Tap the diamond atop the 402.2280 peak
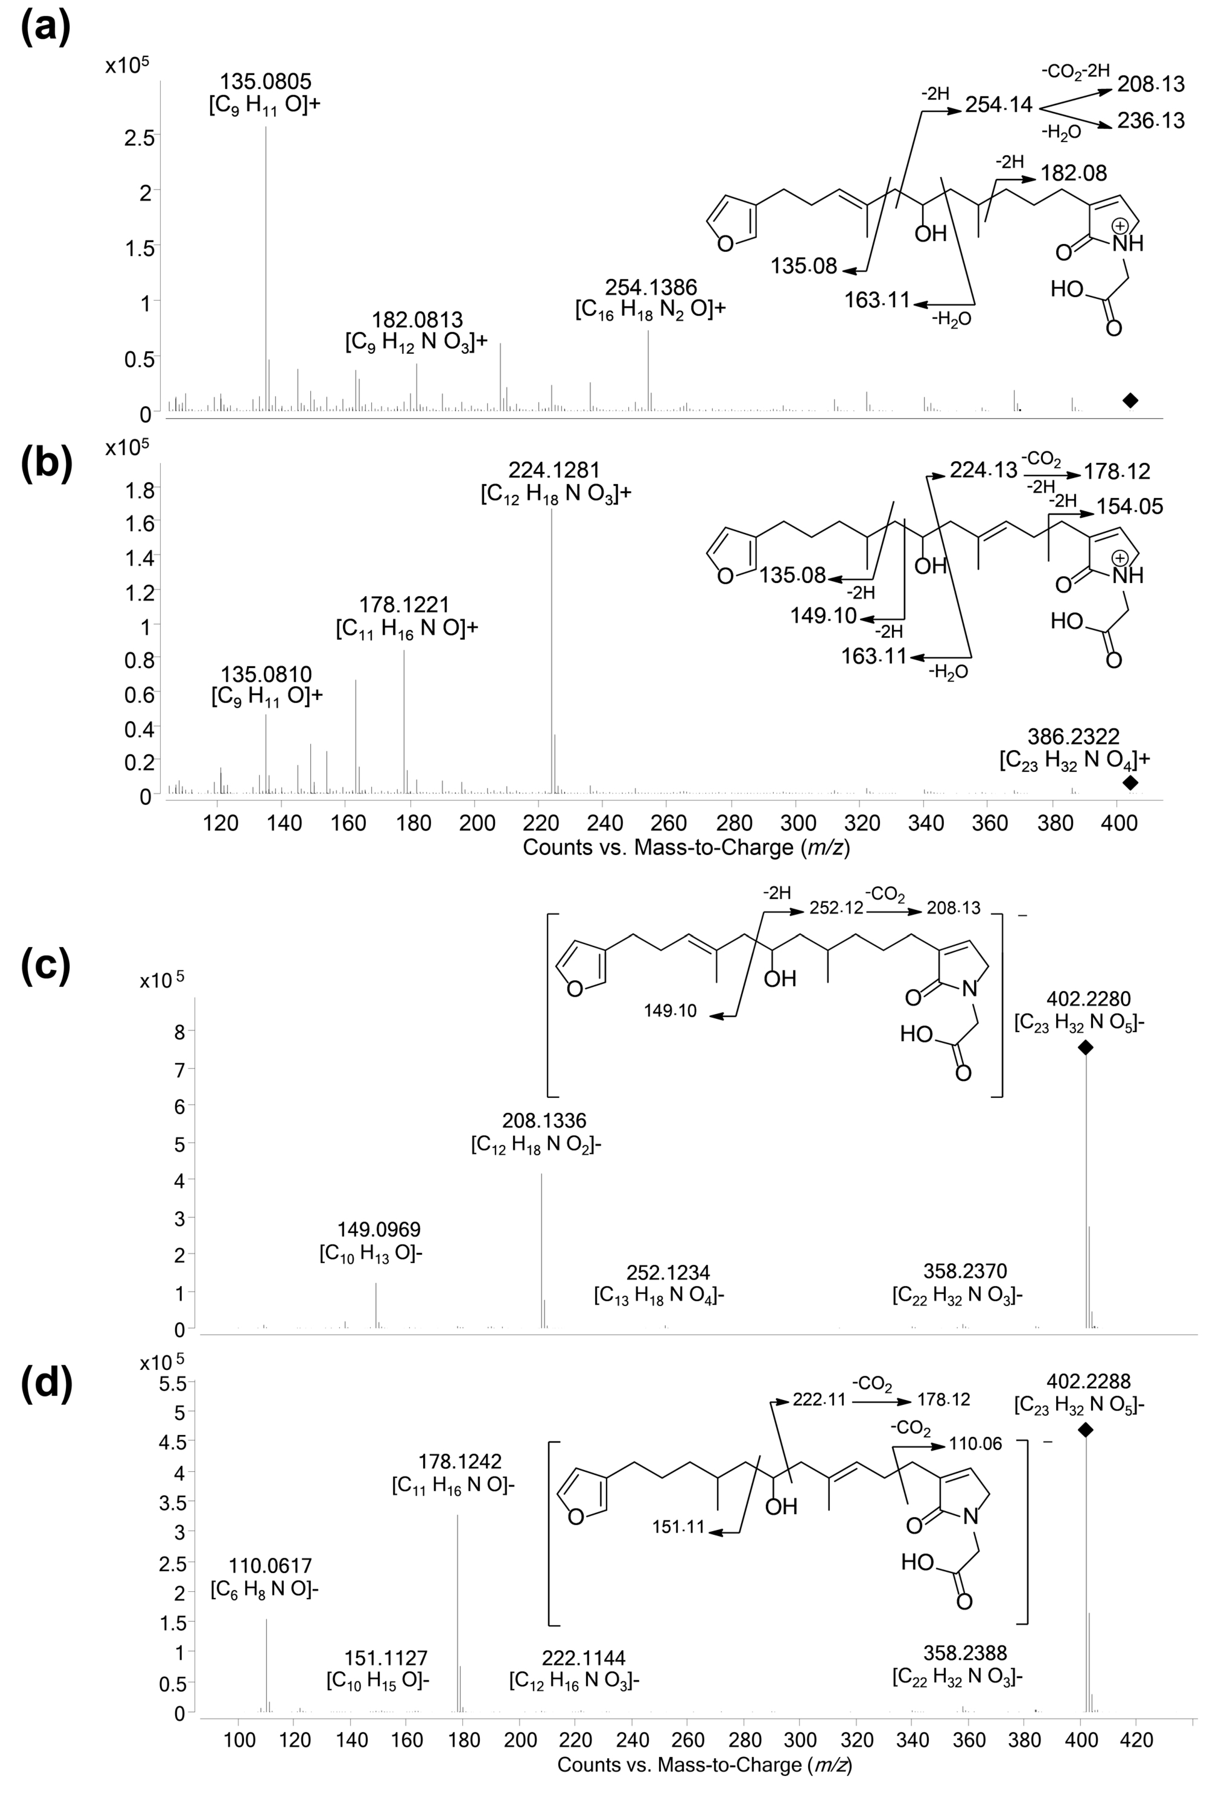(x=1085, y=1047)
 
